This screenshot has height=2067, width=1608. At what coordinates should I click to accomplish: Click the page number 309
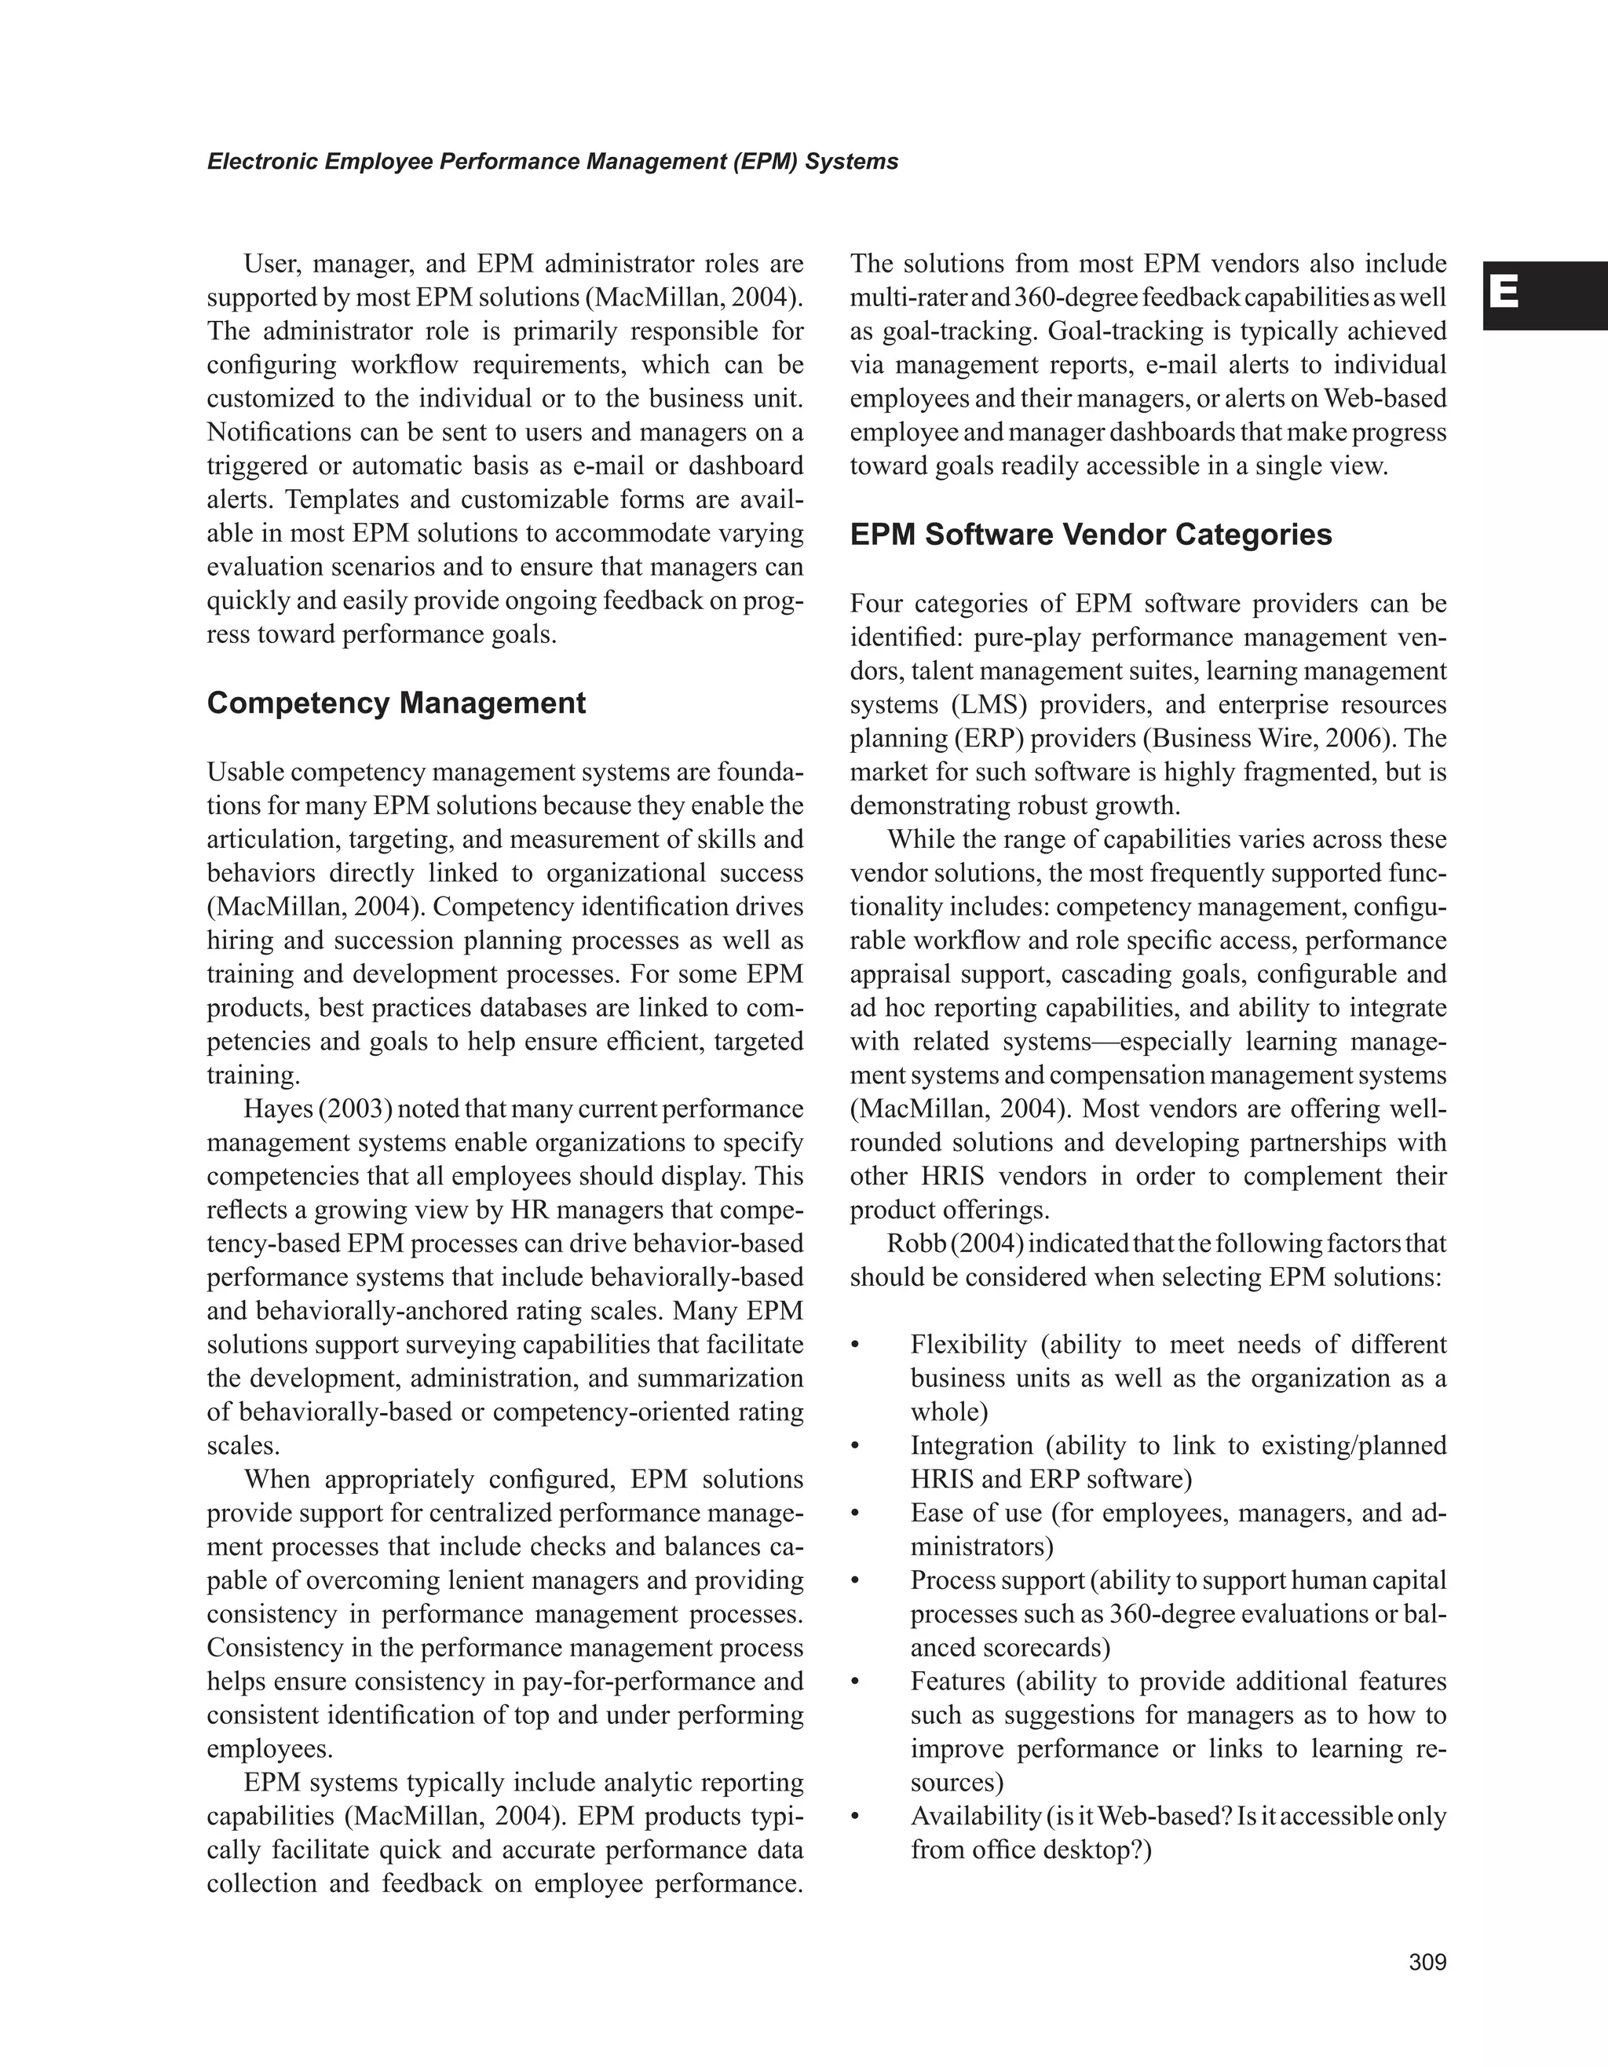tap(1427, 1962)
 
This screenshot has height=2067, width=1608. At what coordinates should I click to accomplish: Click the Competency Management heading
tap(396, 703)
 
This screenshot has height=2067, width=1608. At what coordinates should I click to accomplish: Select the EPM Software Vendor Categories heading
tap(1091, 535)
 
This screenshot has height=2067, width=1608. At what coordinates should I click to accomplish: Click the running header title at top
tap(552, 162)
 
